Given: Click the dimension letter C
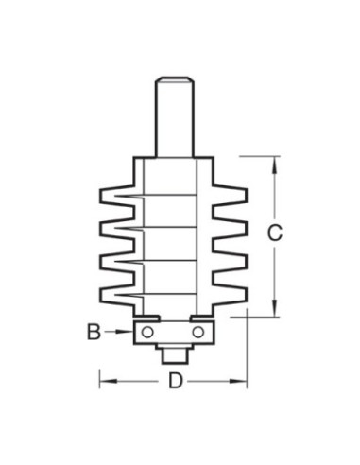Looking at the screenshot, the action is point(275,233).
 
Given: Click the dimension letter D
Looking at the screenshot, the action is point(176,381).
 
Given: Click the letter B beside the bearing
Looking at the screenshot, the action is point(94,332).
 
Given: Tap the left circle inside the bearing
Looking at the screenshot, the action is point(147,332).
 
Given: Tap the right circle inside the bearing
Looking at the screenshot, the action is point(198,332).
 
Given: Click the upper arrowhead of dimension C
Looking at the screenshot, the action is point(275,164).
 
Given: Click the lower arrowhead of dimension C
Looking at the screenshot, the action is point(275,308).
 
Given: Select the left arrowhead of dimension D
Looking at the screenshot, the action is point(108,381).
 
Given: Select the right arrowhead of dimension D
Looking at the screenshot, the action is point(238,381).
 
